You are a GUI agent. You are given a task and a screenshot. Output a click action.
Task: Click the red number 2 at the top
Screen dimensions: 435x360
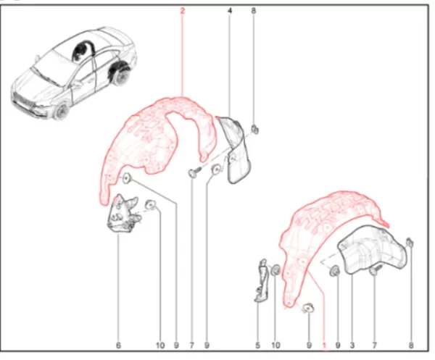click(182, 11)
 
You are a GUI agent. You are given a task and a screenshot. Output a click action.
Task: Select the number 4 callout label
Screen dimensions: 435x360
click(230, 11)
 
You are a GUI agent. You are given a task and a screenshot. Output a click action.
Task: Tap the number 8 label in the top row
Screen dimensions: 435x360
click(254, 11)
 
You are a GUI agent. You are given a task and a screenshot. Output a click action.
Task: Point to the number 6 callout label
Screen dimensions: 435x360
click(118, 346)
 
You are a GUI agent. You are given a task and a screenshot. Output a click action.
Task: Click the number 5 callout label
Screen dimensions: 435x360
click(257, 346)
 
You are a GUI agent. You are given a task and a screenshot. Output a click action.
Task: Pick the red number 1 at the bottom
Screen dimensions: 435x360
click(324, 346)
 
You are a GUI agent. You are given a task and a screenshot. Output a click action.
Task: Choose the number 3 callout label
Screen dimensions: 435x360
click(352, 346)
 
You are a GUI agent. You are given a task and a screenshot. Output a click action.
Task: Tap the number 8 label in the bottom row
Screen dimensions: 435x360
click(411, 346)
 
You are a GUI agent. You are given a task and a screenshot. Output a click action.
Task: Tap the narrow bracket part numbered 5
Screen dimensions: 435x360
click(261, 280)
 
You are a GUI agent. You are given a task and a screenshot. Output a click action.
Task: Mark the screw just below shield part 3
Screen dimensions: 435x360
click(376, 269)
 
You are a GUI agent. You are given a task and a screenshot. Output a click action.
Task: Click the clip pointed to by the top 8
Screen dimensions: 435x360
click(254, 129)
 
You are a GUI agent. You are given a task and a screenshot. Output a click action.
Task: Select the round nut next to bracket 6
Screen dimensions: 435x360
click(151, 204)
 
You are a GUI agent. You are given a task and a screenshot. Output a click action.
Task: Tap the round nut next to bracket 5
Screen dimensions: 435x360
click(275, 269)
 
